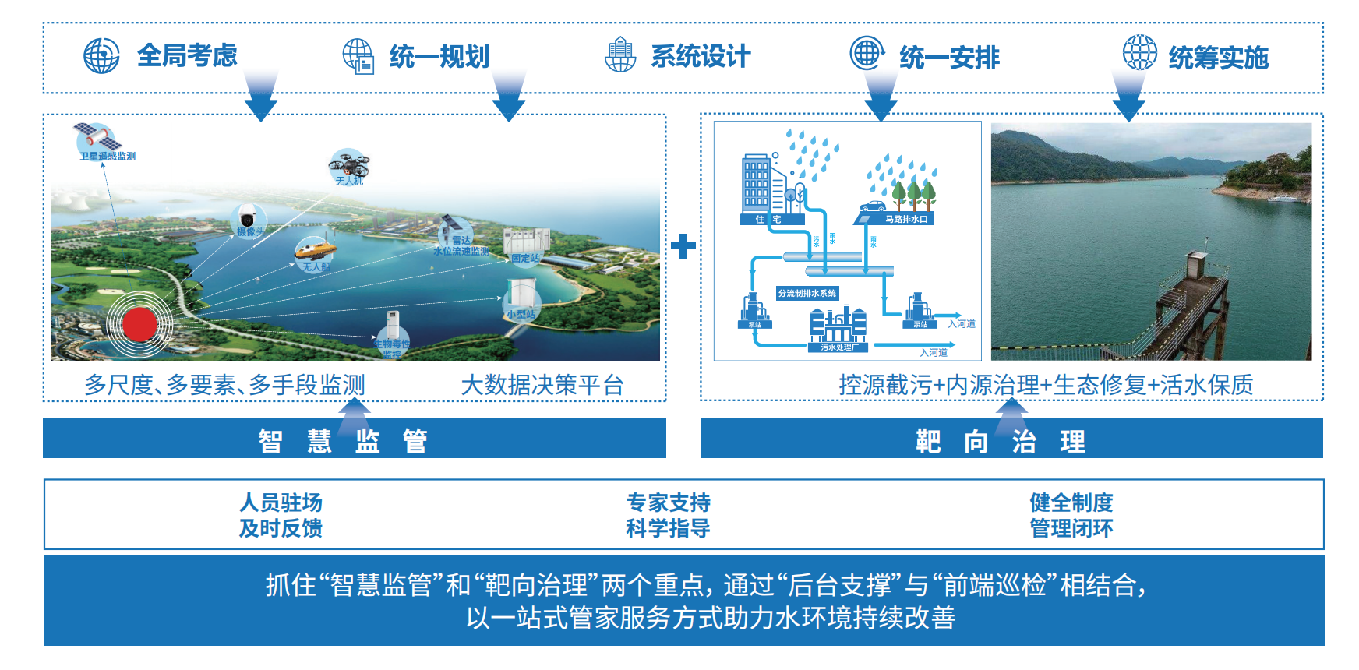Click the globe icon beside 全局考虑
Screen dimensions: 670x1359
pyautogui.click(x=101, y=56)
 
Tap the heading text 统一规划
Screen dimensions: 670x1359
pyautogui.click(x=439, y=57)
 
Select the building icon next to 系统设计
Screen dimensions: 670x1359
pyautogui.click(x=620, y=55)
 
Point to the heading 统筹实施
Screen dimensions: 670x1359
pyautogui.click(x=1218, y=58)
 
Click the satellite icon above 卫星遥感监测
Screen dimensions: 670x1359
pyautogui.click(x=97, y=138)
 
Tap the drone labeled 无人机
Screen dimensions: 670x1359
pyautogui.click(x=348, y=165)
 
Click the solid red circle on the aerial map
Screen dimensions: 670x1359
pyautogui.click(x=140, y=324)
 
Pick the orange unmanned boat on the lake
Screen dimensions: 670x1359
pyautogui.click(x=315, y=251)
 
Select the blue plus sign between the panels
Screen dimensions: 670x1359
pyautogui.click(x=683, y=246)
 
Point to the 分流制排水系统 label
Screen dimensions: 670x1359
pyautogui.click(x=807, y=294)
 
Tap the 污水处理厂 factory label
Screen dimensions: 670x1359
pyautogui.click(x=838, y=347)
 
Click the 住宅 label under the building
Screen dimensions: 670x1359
pyautogui.click(x=768, y=220)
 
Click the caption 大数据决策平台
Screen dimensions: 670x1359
pyautogui.click(x=542, y=385)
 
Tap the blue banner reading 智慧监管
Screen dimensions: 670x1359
pyautogui.click(x=355, y=440)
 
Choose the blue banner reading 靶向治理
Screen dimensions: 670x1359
pyautogui.click(x=1011, y=441)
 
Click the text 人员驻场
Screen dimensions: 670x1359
pyautogui.click(x=281, y=503)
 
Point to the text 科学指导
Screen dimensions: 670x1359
pyautogui.click(x=668, y=528)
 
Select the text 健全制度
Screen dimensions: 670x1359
pyautogui.click(x=1071, y=503)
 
